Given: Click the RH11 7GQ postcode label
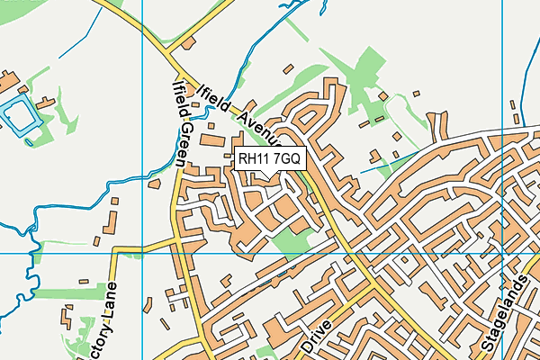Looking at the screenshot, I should (x=271, y=158).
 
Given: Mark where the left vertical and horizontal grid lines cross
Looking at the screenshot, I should (x=142, y=254).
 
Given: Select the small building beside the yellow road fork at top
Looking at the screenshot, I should (x=188, y=42).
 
